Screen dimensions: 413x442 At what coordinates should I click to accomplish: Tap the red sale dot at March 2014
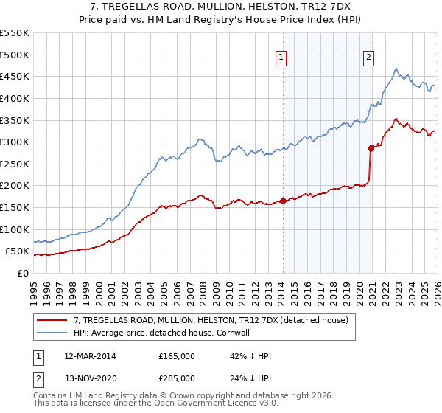tap(283, 201)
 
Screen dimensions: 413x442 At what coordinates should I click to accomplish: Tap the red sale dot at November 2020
tap(371, 148)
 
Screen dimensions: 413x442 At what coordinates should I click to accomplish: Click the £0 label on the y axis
tap(23, 273)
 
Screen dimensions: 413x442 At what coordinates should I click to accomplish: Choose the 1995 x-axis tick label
tap(34, 288)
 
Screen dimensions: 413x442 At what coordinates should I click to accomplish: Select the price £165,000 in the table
tap(177, 356)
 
